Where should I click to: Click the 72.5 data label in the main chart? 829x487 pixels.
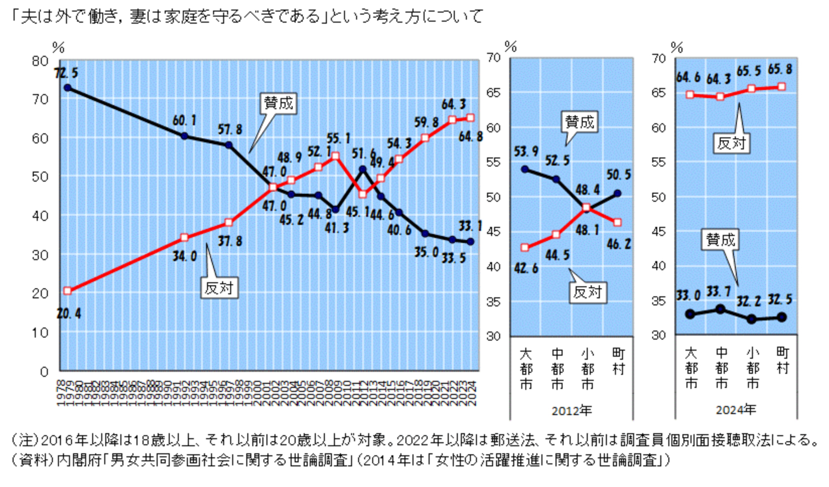click(x=66, y=73)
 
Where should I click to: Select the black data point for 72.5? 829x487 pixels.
click(x=67, y=88)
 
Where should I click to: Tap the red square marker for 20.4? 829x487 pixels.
click(x=67, y=291)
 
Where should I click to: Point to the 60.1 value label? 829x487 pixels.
click(x=184, y=121)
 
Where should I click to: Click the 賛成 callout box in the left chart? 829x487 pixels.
click(x=279, y=103)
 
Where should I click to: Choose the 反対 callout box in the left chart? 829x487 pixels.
click(x=219, y=288)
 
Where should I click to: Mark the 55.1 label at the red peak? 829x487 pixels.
click(x=338, y=138)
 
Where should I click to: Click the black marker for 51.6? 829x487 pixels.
click(x=363, y=170)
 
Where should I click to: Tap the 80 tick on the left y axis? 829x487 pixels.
click(x=40, y=61)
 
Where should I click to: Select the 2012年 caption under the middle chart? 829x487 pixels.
click(x=571, y=411)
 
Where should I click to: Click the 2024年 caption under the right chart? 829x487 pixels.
click(x=736, y=410)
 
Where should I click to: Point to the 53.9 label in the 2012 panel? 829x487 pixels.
click(x=526, y=151)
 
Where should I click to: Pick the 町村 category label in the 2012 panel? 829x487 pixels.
click(x=618, y=361)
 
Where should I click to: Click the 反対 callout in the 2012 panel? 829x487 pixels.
click(x=587, y=292)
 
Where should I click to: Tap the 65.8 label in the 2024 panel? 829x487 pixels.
click(x=780, y=69)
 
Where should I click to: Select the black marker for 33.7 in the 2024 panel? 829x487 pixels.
click(x=721, y=309)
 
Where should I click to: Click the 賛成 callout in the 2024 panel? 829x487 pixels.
click(x=721, y=240)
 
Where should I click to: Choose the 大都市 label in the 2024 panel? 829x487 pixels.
click(x=691, y=368)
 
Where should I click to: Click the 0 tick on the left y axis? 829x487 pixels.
click(x=44, y=372)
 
